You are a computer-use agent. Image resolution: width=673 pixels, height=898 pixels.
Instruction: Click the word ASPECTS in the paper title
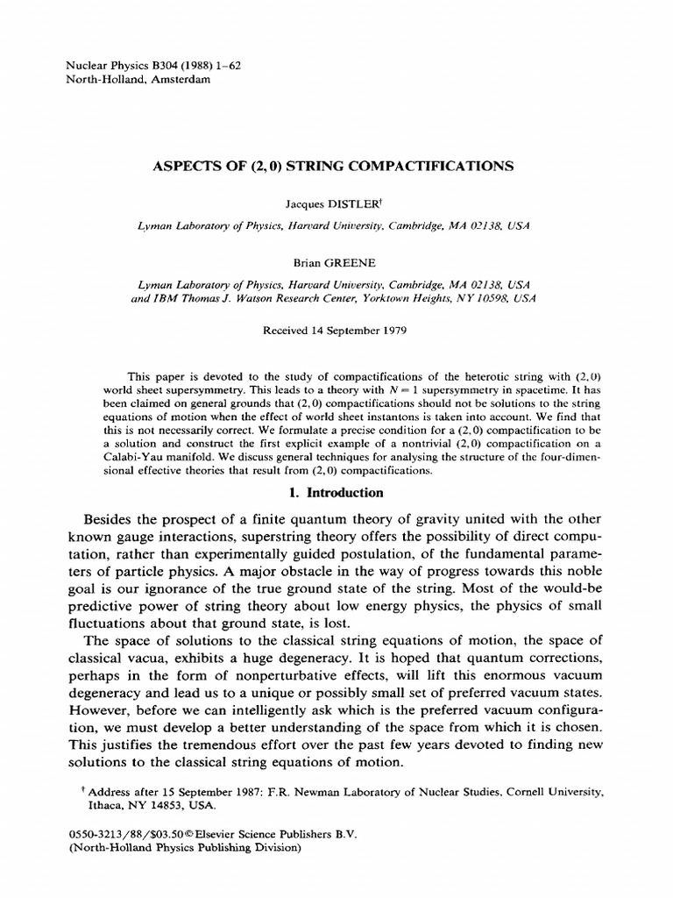coord(185,165)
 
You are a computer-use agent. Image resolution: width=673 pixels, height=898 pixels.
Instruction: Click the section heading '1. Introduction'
coord(336,493)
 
